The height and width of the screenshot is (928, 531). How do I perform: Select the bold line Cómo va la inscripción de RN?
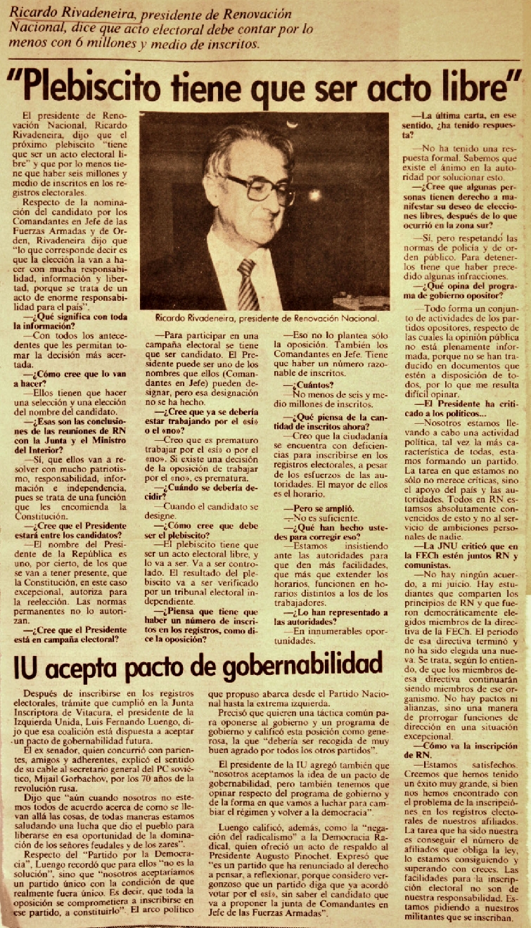click(457, 746)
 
